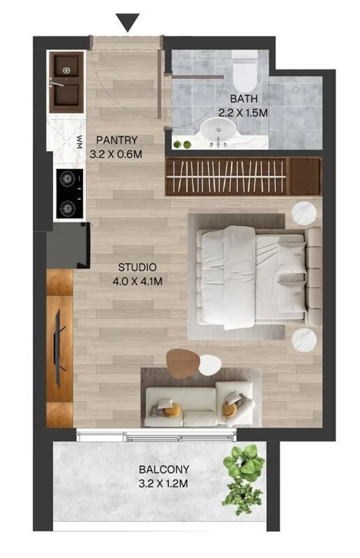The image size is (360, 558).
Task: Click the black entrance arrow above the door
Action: [127, 22]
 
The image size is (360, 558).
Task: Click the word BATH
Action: [244, 99]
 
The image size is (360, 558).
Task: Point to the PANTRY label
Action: [116, 140]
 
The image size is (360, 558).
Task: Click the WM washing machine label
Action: [80, 142]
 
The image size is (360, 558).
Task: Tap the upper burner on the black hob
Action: [67, 178]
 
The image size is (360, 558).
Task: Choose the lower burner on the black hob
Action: [67, 207]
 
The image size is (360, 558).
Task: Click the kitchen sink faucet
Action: [57, 83]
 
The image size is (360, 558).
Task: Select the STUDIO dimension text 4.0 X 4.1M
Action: [137, 282]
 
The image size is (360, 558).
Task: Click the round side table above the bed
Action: [304, 214]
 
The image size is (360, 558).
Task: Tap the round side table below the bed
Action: [304, 340]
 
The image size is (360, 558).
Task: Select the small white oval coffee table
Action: [210, 365]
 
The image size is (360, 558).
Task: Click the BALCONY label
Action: [164, 470]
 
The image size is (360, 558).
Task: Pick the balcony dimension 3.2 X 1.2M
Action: [163, 484]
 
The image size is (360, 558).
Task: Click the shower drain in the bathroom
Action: [296, 90]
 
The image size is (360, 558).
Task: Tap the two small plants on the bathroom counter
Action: [182, 144]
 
